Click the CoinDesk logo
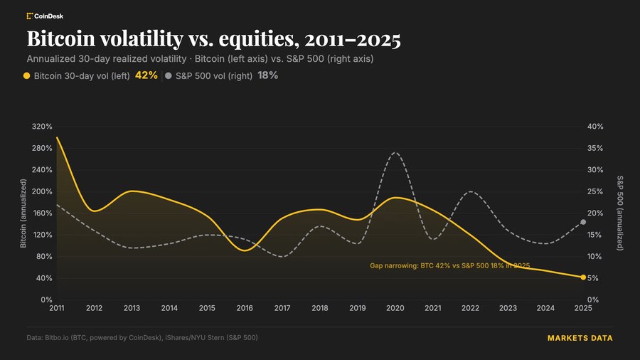45,16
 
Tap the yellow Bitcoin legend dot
26,75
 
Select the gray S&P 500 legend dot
168,75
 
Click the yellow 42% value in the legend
146,75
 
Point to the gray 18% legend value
268,75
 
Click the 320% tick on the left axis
42,127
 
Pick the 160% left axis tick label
42,213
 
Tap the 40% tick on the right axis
595,127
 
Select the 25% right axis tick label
595,191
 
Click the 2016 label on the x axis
245,308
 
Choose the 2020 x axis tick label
395,308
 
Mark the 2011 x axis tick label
57,308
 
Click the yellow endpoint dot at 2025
583,277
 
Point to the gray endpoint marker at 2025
583,222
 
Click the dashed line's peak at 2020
395,153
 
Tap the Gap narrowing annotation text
450,265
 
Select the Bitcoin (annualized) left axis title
23,213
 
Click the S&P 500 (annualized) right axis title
619,213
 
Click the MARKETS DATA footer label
580,338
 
